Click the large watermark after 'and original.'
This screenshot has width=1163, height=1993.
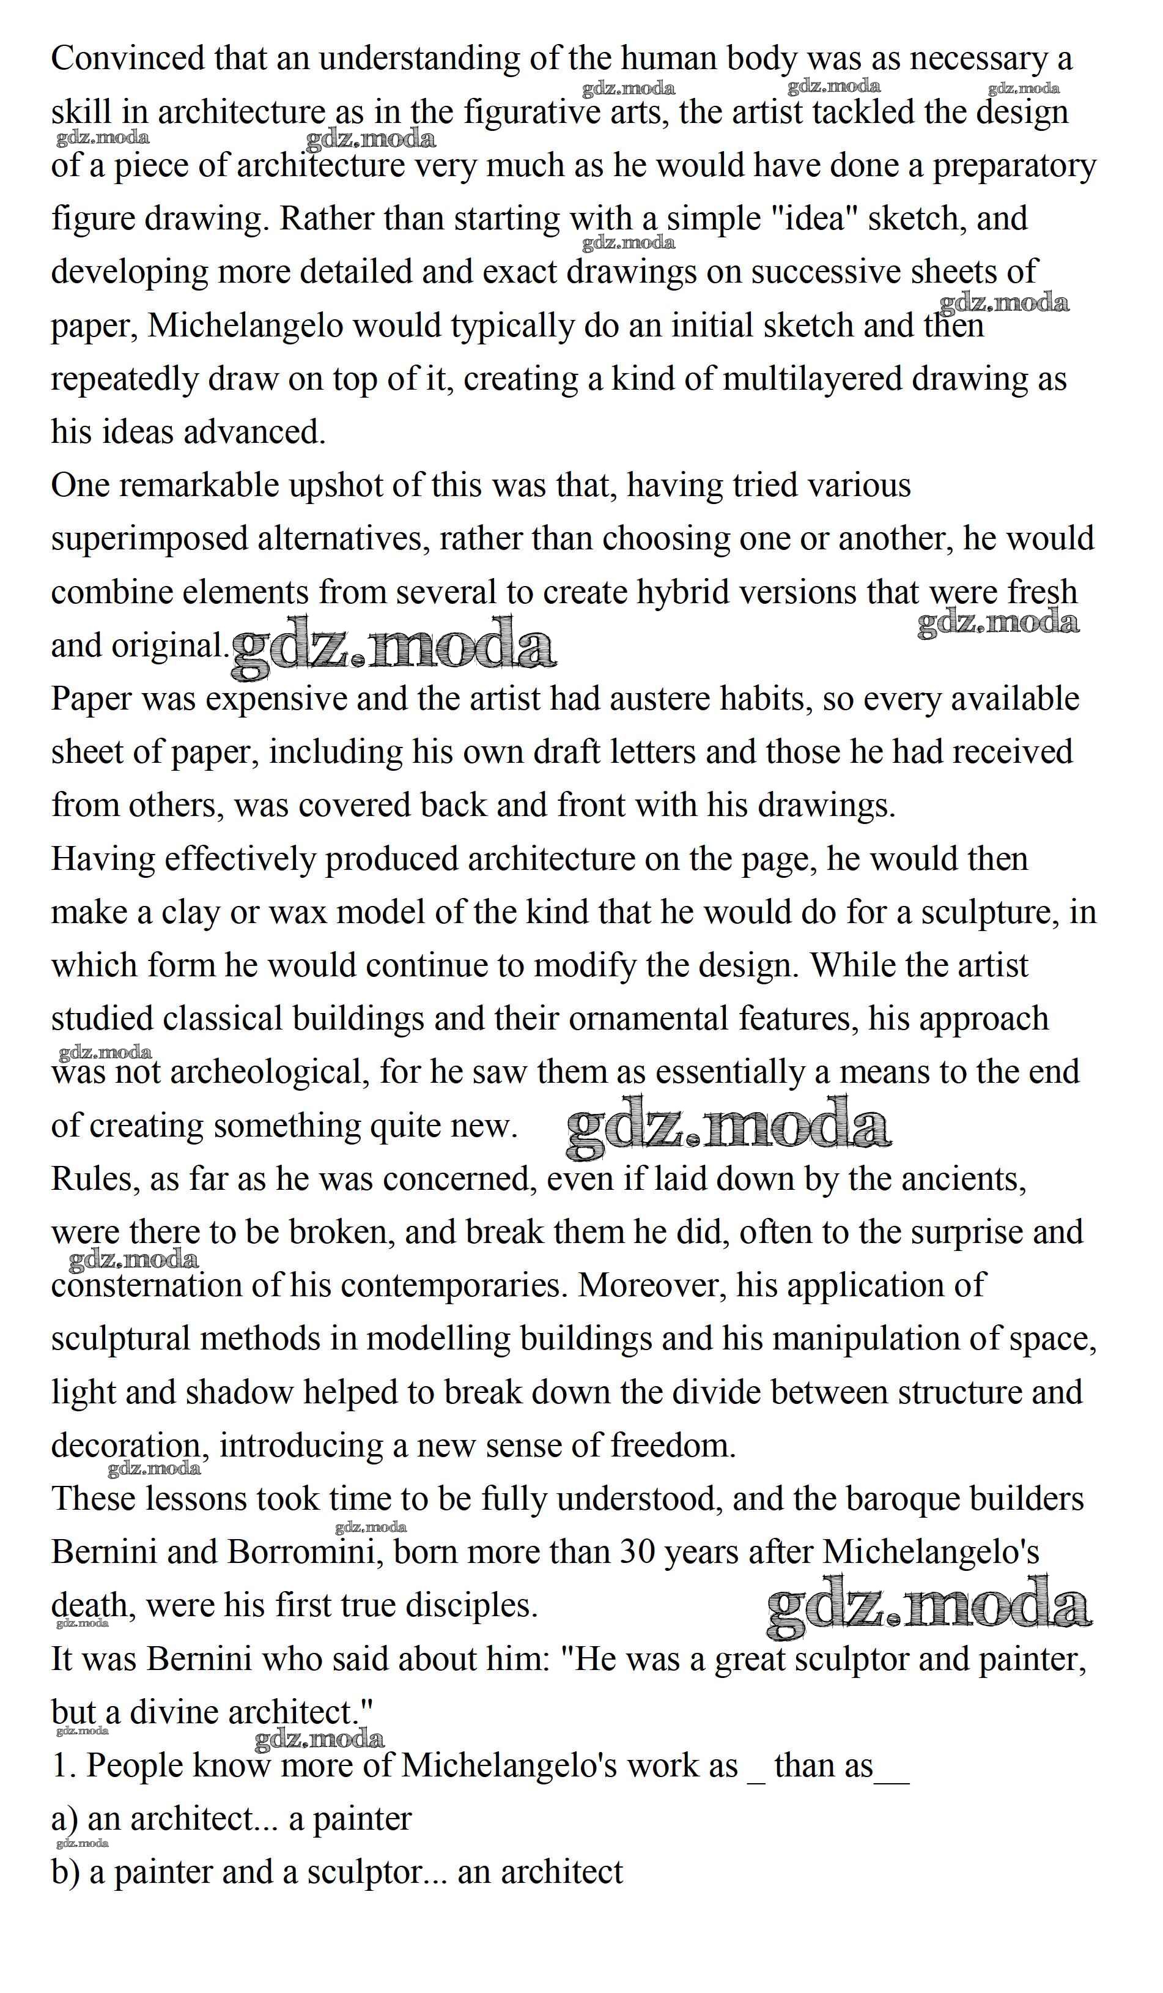[393, 648]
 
